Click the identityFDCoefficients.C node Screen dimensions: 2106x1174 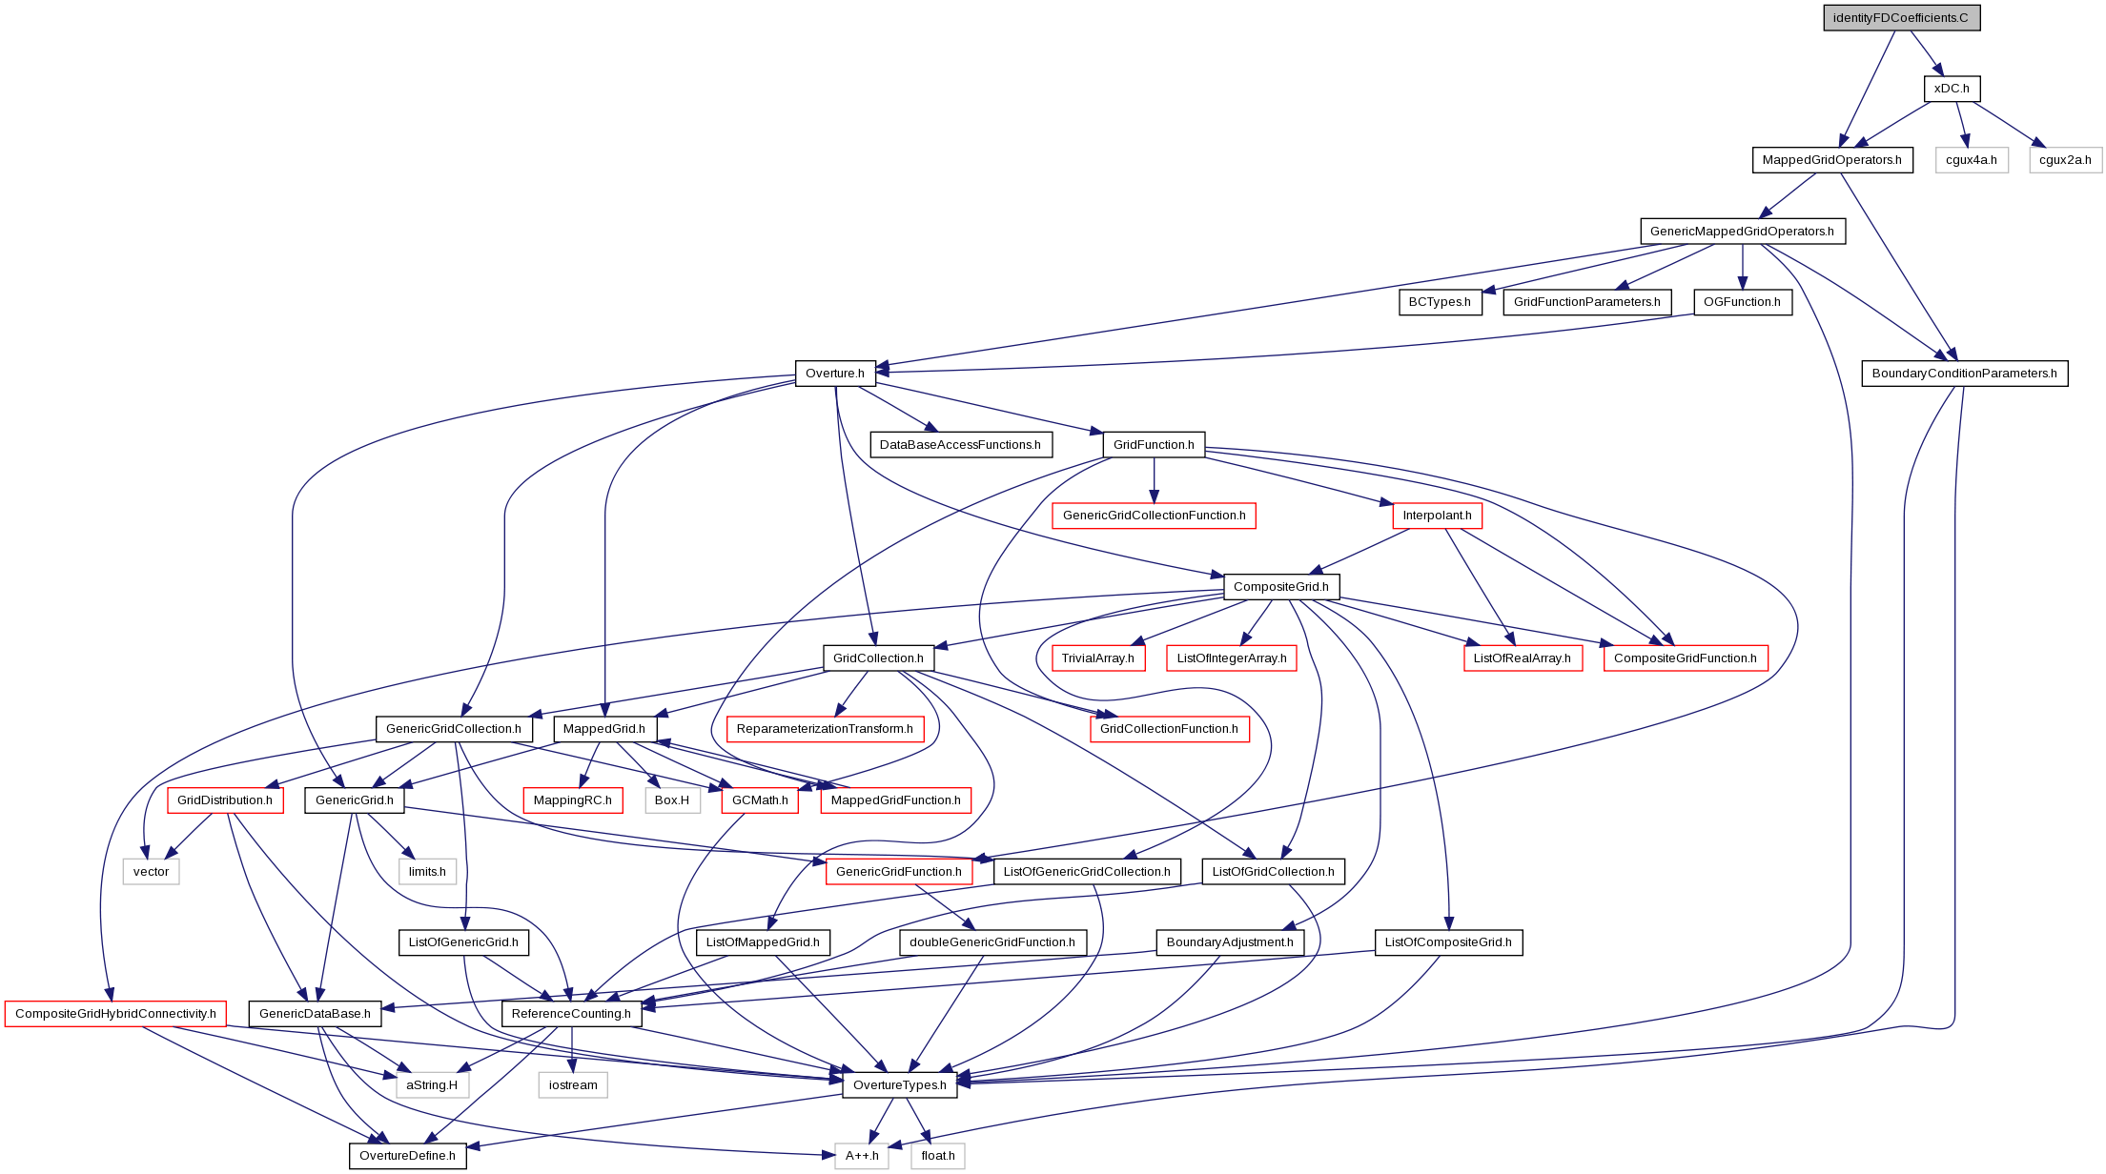(x=1901, y=18)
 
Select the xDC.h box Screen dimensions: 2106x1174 (x=1952, y=89)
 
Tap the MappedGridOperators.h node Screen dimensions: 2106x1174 (x=1831, y=160)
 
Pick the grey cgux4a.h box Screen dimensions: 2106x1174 (x=1971, y=160)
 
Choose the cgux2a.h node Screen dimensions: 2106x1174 (x=2065, y=160)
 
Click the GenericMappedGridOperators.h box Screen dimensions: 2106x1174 (x=1742, y=232)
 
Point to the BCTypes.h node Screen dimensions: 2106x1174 (x=1440, y=302)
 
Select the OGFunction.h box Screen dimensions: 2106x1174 (x=1742, y=302)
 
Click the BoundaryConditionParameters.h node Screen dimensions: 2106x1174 (x=1964, y=374)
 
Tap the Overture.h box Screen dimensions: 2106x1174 (x=834, y=374)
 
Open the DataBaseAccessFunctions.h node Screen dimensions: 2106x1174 (x=960, y=445)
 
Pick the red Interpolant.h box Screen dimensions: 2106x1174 (x=1437, y=516)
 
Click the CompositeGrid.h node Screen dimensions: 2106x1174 (x=1280, y=587)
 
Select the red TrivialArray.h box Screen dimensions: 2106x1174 (x=1097, y=658)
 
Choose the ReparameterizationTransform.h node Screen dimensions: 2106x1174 (x=825, y=729)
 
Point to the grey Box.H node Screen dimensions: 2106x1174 (x=672, y=800)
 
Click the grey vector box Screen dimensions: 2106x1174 (x=151, y=872)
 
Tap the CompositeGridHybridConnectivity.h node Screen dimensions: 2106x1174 (x=115, y=1014)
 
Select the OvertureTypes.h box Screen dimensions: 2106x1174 (x=899, y=1085)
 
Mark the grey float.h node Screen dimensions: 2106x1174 (x=938, y=1156)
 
